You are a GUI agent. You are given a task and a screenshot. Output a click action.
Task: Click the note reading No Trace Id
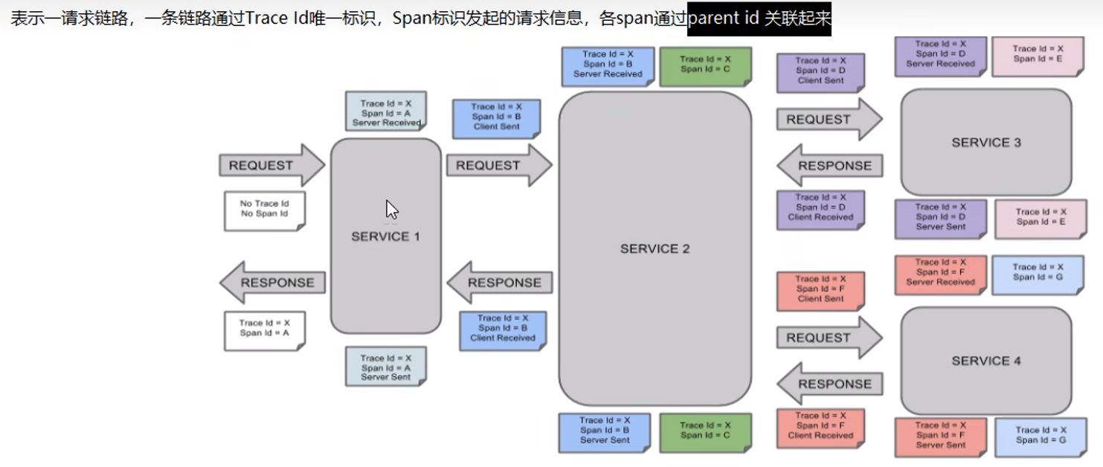(264, 209)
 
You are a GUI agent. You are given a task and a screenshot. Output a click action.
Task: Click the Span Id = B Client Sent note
(496, 117)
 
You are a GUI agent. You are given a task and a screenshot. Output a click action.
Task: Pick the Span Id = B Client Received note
(502, 329)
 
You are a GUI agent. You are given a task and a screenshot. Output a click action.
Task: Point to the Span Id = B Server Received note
(607, 65)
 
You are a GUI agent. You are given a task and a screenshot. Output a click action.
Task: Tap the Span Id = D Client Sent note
(820, 71)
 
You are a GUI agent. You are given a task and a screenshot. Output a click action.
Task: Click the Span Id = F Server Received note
(940, 273)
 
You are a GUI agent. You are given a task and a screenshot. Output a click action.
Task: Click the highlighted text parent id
(724, 18)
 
